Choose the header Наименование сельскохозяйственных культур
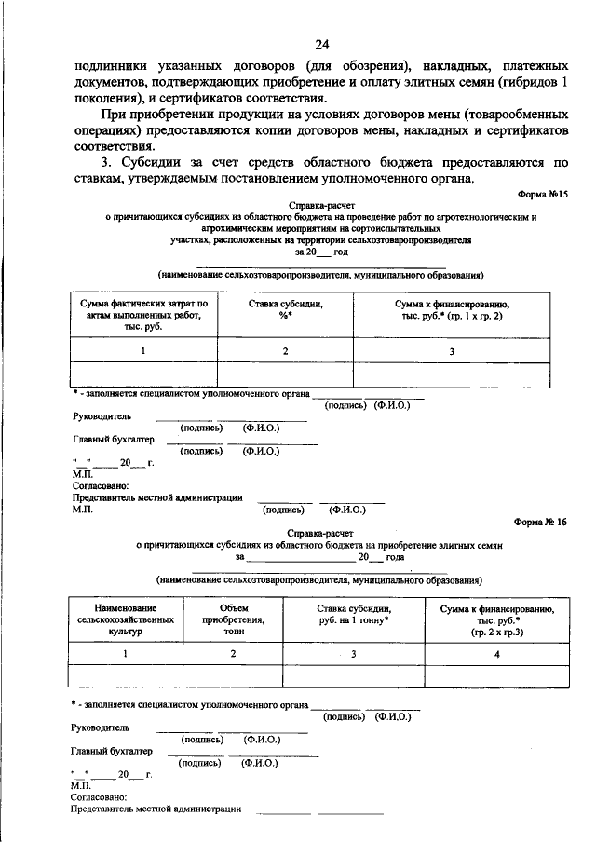pyautogui.click(x=125, y=619)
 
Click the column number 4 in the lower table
pyautogui.click(x=496, y=654)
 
